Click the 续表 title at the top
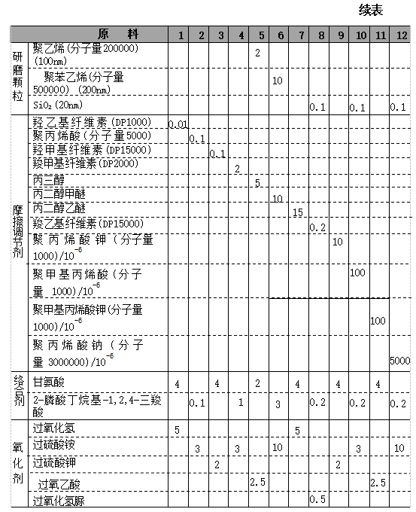point(371,11)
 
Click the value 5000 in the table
point(400,361)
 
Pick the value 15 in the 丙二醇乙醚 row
point(298,213)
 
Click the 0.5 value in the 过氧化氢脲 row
point(317,499)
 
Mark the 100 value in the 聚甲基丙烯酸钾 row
point(378,321)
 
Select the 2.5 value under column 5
point(259,481)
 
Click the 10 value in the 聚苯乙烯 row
point(277,80)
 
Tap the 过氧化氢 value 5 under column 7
point(298,430)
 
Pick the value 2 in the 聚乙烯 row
point(257,53)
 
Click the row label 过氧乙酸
point(59,483)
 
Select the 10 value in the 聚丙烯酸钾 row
point(338,242)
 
